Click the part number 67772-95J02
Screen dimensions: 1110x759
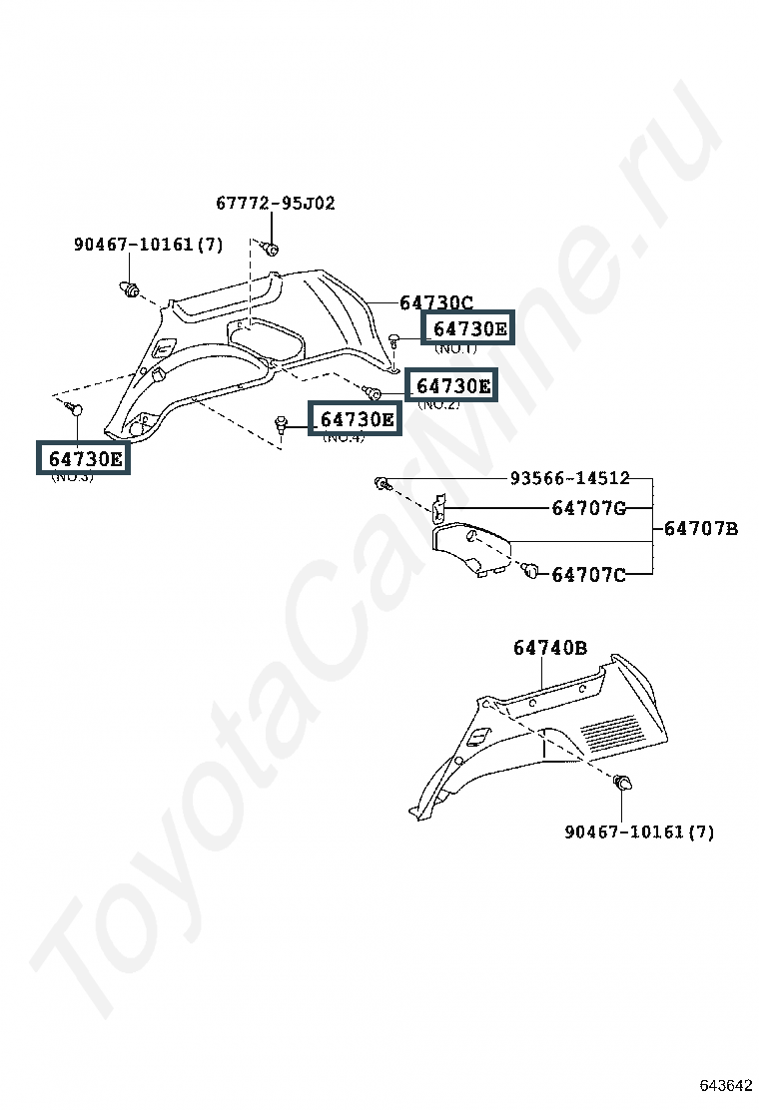[276, 204]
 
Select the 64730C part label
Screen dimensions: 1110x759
[435, 302]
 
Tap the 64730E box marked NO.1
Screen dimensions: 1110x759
[469, 327]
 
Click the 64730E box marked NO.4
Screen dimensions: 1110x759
[356, 419]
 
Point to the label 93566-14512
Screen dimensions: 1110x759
[569, 479]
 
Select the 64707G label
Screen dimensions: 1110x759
[588, 508]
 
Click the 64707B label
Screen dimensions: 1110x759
[700, 528]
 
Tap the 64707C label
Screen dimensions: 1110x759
[588, 575]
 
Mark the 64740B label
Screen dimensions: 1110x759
[550, 648]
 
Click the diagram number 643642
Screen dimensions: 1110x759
[725, 1085]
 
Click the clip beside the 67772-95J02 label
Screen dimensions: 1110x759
[270, 248]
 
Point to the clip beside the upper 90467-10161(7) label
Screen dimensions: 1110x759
[129, 289]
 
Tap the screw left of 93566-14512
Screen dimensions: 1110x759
[381, 484]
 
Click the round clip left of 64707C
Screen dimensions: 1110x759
[530, 570]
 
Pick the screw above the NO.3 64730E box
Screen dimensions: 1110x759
[75, 408]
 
